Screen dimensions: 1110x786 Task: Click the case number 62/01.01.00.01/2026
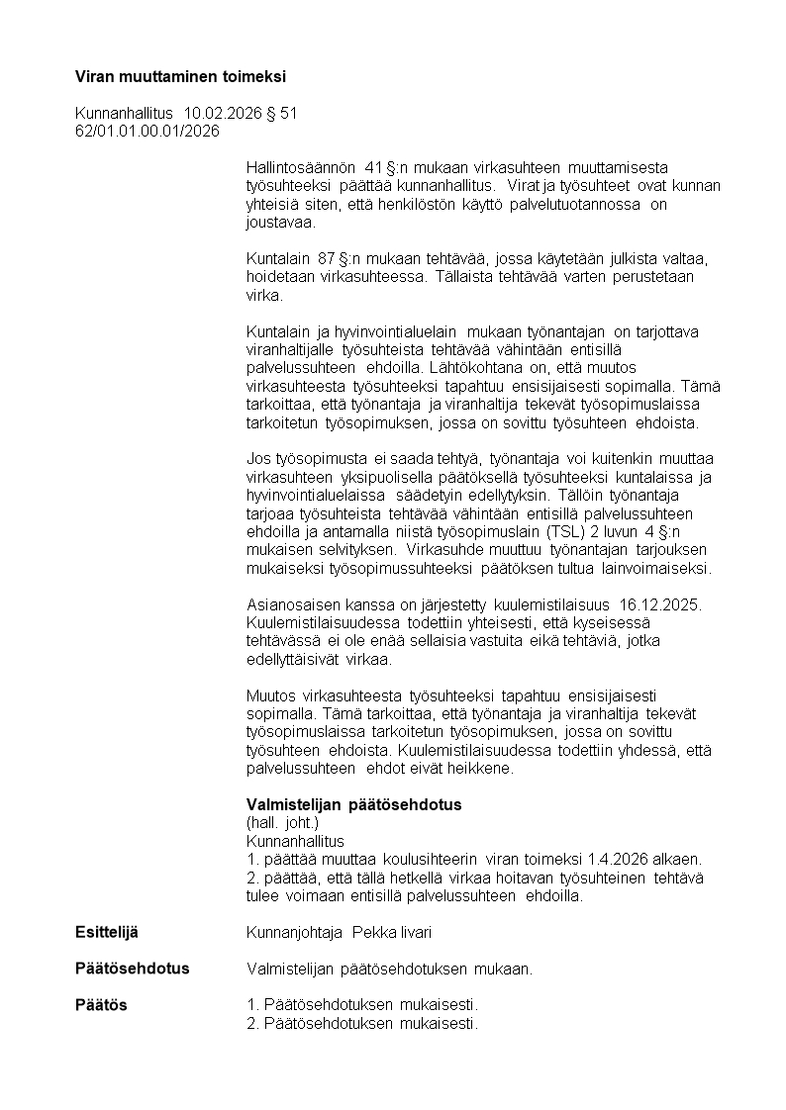(147, 131)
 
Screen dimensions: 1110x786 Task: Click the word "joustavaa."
(280, 223)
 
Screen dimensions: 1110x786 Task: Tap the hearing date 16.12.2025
(660, 604)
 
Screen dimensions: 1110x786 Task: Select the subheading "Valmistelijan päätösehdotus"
(353, 804)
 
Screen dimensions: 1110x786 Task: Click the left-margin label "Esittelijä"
(107, 932)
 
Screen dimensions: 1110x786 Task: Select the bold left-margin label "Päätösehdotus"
(132, 968)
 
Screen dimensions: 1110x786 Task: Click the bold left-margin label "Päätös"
(101, 1004)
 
